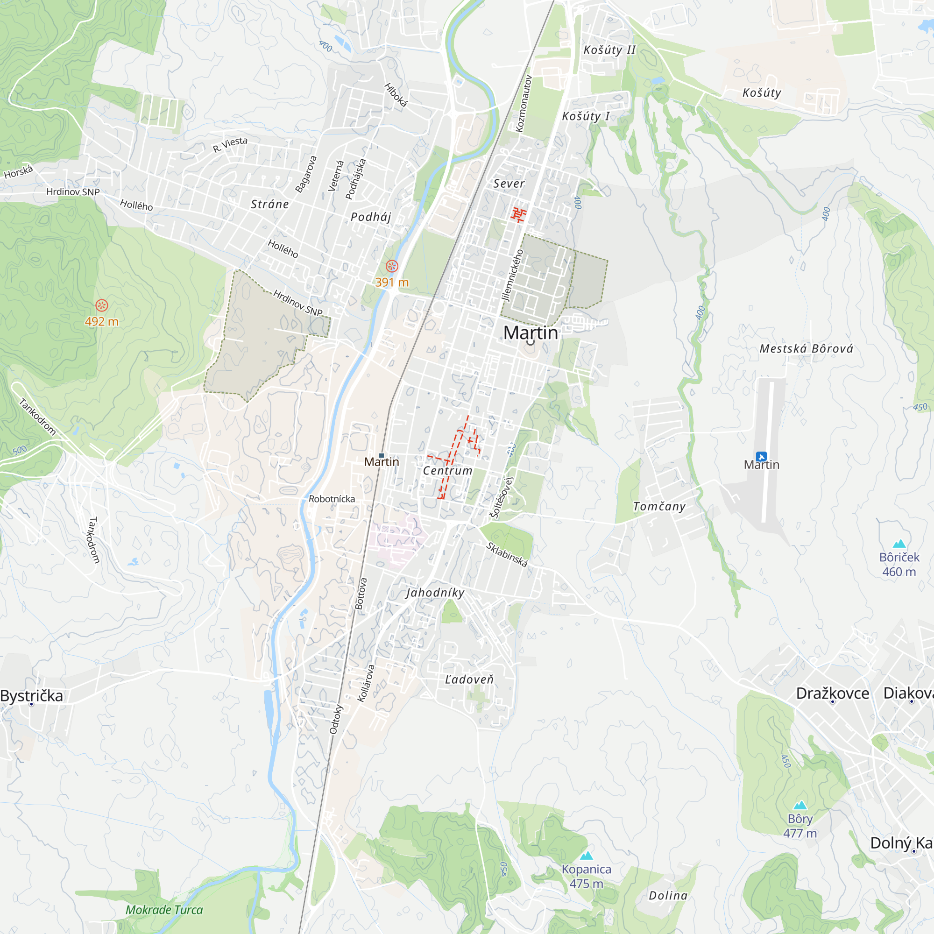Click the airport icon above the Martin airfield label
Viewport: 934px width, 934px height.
click(x=761, y=456)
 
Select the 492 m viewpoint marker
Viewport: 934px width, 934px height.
click(x=101, y=305)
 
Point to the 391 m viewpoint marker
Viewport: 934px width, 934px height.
click(x=392, y=266)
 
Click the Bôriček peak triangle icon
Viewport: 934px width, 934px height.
click(x=899, y=544)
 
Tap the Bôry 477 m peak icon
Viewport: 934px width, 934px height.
click(x=800, y=805)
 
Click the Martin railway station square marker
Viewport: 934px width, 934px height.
click(x=382, y=455)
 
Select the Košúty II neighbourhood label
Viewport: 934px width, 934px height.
click(x=609, y=50)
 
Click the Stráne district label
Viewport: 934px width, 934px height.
click(x=270, y=204)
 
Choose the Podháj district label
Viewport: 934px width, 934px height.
click(x=371, y=217)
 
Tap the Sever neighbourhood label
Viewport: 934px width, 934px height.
click(x=509, y=183)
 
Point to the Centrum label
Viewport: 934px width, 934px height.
click(x=448, y=470)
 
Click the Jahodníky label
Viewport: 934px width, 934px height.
click(x=435, y=593)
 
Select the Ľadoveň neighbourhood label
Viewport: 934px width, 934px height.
click(x=469, y=679)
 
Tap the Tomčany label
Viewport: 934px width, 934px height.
click(x=659, y=506)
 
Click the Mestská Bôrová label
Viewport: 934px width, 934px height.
click(x=807, y=348)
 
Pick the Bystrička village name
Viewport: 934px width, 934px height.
click(x=32, y=696)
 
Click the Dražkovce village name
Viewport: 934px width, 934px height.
click(x=833, y=693)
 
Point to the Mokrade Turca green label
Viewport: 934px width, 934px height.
click(x=164, y=910)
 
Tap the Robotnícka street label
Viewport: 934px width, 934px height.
click(x=332, y=499)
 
